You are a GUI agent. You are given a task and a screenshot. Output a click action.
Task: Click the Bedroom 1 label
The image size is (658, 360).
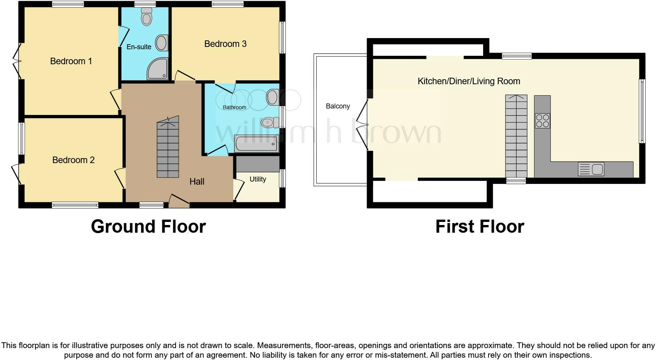[71, 61]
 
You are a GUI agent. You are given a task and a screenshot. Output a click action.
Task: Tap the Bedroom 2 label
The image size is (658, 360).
[73, 160]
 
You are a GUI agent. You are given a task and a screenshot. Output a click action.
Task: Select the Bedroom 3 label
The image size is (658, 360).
[225, 44]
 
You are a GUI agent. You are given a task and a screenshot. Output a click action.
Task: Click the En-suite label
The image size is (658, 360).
[139, 47]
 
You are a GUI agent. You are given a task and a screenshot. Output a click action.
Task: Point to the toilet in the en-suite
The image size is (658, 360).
[146, 18]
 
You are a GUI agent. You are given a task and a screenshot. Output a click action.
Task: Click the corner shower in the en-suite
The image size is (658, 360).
[158, 69]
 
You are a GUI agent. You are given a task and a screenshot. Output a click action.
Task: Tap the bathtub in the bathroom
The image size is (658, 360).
[256, 144]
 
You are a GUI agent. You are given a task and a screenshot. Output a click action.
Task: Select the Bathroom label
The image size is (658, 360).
[234, 107]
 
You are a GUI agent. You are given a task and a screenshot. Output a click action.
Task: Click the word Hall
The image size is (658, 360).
[197, 182]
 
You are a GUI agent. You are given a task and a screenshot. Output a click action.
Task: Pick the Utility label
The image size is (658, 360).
[258, 179]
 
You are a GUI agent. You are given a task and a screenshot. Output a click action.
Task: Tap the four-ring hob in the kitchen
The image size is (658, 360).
[542, 120]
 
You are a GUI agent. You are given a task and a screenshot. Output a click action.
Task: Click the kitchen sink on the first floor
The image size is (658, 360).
[591, 169]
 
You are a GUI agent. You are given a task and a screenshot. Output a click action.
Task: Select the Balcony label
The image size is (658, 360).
[338, 106]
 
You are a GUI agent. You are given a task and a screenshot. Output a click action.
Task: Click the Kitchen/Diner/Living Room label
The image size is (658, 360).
[469, 81]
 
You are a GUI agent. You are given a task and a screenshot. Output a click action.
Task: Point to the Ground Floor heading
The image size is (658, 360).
[148, 227]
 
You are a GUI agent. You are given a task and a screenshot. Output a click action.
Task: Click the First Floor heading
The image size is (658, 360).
[480, 227]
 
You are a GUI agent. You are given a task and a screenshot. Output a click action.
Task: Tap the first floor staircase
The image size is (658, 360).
[516, 137]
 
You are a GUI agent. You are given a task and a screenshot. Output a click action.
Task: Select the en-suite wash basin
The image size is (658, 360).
[162, 43]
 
